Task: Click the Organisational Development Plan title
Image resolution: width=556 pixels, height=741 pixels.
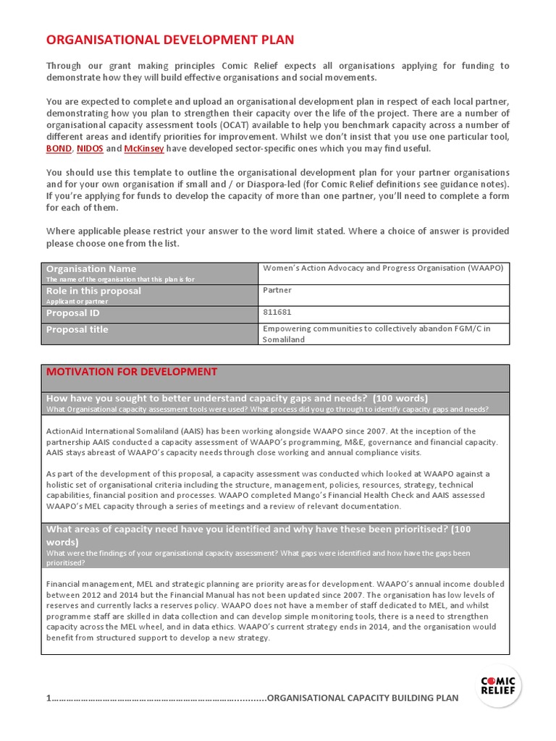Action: [170, 40]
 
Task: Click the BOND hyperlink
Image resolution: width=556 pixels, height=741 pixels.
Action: [59, 148]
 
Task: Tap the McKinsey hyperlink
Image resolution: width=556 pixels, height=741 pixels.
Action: [144, 148]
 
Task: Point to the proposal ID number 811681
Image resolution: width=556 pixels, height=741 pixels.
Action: [276, 313]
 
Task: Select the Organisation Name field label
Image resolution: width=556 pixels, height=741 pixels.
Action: [91, 268]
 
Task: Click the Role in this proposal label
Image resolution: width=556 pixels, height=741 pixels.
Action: [93, 290]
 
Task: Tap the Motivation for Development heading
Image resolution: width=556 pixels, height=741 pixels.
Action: [131, 372]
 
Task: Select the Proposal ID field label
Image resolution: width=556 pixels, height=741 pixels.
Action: [73, 313]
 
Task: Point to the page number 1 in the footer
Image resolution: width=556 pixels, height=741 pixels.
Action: [49, 698]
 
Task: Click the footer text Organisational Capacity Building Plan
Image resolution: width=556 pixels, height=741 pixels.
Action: [363, 698]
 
